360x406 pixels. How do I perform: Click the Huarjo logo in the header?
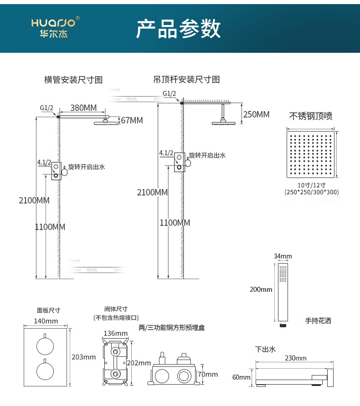coord(55,27)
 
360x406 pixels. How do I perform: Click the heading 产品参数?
coord(178,29)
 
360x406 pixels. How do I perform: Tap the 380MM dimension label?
coord(83,108)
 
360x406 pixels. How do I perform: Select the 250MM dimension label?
coord(256,114)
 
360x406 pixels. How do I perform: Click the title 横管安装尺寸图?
coord(73,80)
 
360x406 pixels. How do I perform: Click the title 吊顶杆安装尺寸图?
coord(187,80)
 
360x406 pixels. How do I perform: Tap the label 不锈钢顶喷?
coord(311,116)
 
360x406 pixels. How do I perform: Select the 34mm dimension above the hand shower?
coord(283,257)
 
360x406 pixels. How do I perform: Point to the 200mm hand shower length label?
coord(261,289)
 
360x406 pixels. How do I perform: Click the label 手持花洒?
coord(318,321)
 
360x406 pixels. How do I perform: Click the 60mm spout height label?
coord(241,377)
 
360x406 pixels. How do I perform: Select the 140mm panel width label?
coord(46,321)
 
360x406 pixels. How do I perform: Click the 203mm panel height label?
coord(84,357)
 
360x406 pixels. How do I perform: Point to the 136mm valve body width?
coord(116,333)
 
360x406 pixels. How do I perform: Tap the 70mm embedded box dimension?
coord(211,375)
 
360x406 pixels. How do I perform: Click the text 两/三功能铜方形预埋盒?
coord(172,327)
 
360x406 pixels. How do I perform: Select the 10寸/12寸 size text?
coord(311,185)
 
